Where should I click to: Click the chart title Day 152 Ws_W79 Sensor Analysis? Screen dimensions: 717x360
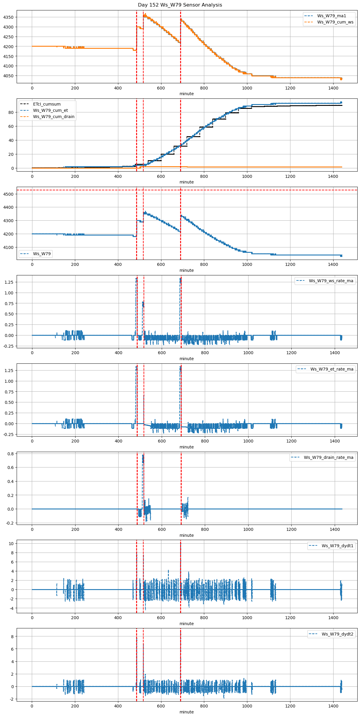pos(180,5)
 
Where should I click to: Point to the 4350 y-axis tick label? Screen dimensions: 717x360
pos(8,17)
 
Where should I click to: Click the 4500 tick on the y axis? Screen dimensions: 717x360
pos(8,194)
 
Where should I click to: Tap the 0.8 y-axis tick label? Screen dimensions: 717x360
pos(11,454)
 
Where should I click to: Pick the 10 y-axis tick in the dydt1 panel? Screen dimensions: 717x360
pos(11,544)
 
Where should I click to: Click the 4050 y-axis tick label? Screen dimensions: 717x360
pos(8,76)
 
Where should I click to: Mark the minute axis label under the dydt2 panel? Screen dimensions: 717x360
pos(187,712)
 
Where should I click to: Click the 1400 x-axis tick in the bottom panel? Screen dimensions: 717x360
pos(333,706)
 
